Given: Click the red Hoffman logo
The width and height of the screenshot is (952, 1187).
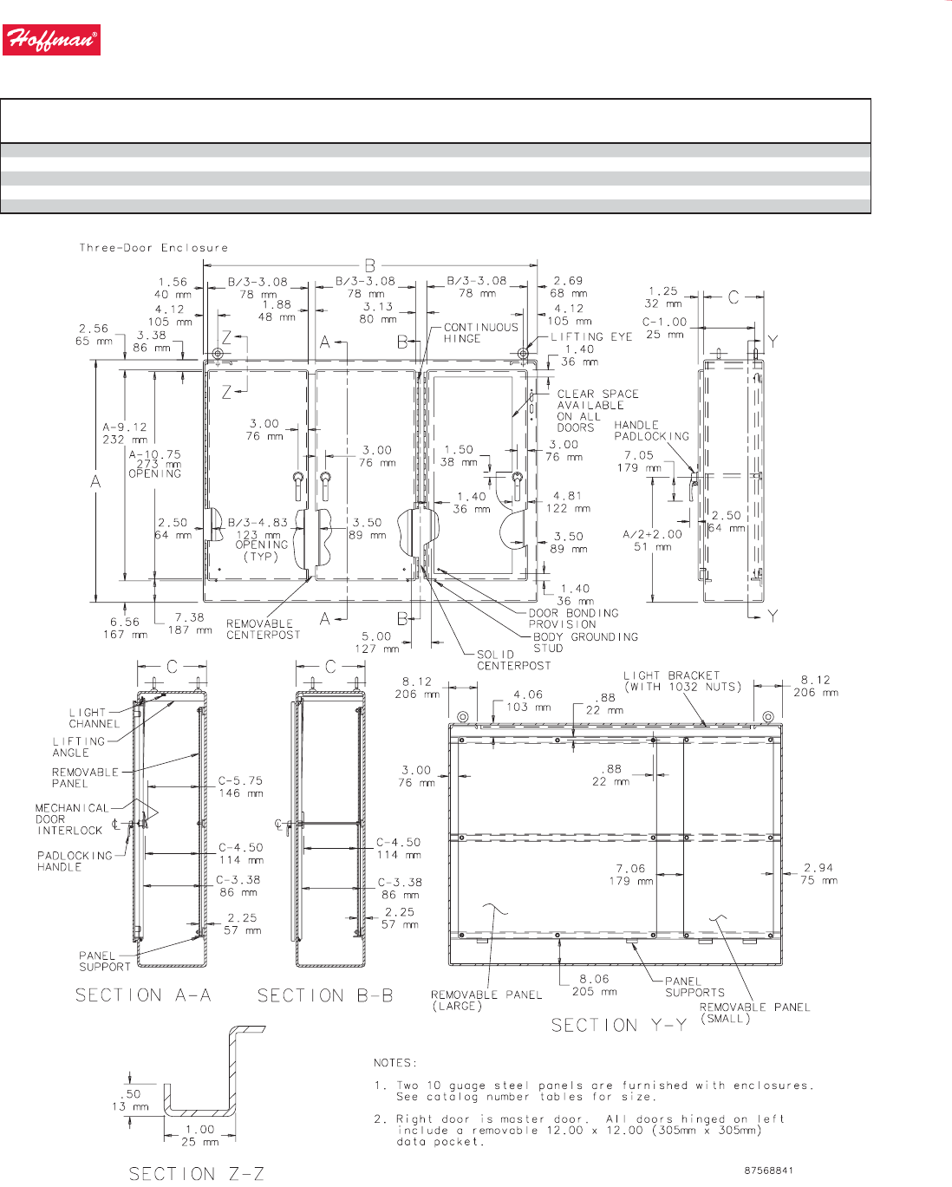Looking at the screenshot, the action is (x=51, y=40).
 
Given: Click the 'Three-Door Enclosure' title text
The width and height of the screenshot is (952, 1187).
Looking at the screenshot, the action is (x=153, y=248).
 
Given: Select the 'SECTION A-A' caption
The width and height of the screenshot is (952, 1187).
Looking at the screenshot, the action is (x=143, y=995).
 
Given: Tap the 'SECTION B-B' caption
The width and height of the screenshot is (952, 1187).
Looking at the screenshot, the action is (x=325, y=995).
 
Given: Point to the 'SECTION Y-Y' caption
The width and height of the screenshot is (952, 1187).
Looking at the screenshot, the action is (x=619, y=1025).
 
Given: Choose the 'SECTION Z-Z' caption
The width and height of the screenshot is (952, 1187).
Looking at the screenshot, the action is (x=196, y=1173).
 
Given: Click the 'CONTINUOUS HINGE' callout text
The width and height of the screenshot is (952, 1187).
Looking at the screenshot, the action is (x=481, y=333).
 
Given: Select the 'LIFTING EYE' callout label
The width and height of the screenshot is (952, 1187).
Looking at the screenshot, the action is (x=591, y=336).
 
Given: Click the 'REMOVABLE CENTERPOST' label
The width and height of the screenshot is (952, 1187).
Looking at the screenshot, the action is (x=263, y=629).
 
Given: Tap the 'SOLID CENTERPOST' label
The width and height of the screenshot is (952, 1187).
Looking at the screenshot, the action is (x=513, y=660).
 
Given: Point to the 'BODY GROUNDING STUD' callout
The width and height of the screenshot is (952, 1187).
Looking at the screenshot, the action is (x=585, y=642).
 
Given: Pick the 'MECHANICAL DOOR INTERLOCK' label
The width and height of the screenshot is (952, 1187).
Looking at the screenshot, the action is (x=72, y=819).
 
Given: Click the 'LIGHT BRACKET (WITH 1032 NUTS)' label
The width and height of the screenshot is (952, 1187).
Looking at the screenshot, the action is (x=682, y=682).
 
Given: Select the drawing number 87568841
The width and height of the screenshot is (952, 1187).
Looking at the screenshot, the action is (x=768, y=1171).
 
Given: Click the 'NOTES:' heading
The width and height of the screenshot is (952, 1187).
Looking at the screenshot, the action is (x=395, y=1063).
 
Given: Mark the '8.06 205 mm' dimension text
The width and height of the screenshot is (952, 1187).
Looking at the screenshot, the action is (x=594, y=985).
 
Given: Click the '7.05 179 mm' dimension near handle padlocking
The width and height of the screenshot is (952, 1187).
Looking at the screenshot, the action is (x=639, y=461).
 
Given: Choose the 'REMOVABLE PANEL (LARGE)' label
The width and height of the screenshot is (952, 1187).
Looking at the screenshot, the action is (x=486, y=1001).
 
